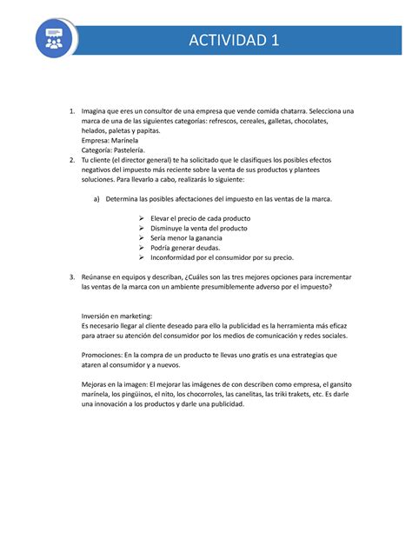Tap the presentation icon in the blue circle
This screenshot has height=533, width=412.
point(54,41)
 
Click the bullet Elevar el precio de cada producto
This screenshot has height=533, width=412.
point(200,218)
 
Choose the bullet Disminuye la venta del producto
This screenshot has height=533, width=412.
point(198,228)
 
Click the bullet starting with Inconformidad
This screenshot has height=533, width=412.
point(222,257)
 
